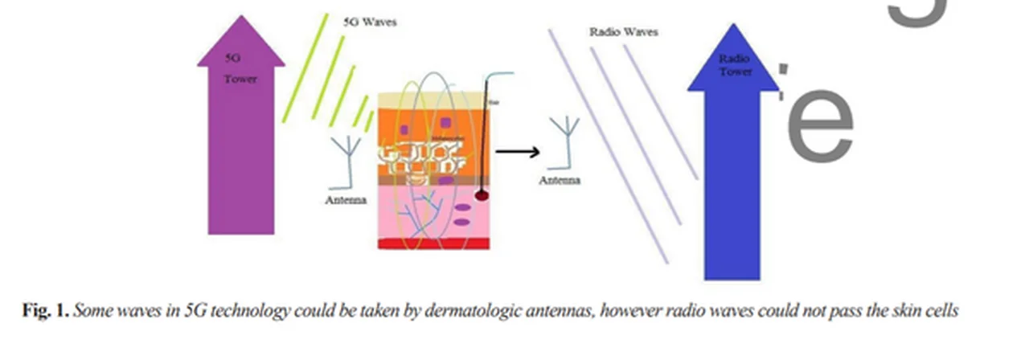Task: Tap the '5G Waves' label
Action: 369,22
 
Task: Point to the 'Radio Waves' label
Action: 623,32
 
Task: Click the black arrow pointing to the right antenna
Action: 517,150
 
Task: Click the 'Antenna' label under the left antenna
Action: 346,200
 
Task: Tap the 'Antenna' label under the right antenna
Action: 559,180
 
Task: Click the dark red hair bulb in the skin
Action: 482,195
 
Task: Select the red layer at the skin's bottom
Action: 434,243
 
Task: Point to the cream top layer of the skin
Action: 434,98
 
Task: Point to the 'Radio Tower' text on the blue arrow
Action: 735,64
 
